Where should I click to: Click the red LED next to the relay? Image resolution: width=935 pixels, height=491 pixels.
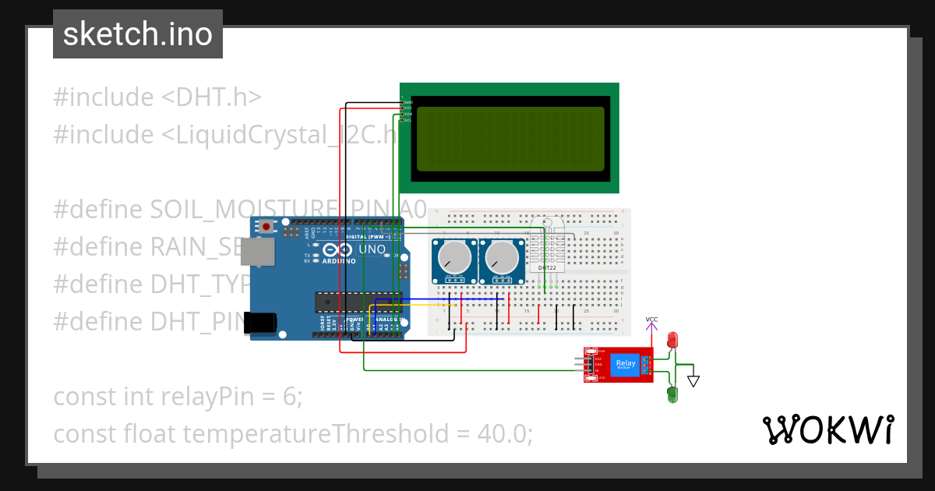673,341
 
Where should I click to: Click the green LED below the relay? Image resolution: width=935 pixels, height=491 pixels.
672,394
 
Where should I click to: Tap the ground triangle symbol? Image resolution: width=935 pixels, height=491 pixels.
693,381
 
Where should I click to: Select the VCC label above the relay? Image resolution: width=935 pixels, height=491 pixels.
651,320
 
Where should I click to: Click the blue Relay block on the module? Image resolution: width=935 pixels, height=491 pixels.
625,364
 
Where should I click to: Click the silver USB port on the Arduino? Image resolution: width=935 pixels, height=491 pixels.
257,250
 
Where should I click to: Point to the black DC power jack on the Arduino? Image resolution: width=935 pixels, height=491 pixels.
260,323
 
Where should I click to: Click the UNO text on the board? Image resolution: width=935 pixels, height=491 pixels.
372,250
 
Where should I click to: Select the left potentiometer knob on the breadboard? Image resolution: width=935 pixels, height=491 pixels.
453,257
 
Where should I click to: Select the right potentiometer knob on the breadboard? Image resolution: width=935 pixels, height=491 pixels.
500,257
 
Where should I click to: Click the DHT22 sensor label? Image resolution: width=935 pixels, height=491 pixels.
547,268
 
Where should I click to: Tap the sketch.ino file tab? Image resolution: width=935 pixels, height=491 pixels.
138,34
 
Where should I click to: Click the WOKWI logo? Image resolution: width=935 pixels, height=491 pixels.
827,429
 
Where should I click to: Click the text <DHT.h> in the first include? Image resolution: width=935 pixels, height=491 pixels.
210,97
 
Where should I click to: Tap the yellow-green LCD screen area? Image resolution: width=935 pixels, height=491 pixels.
510,139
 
